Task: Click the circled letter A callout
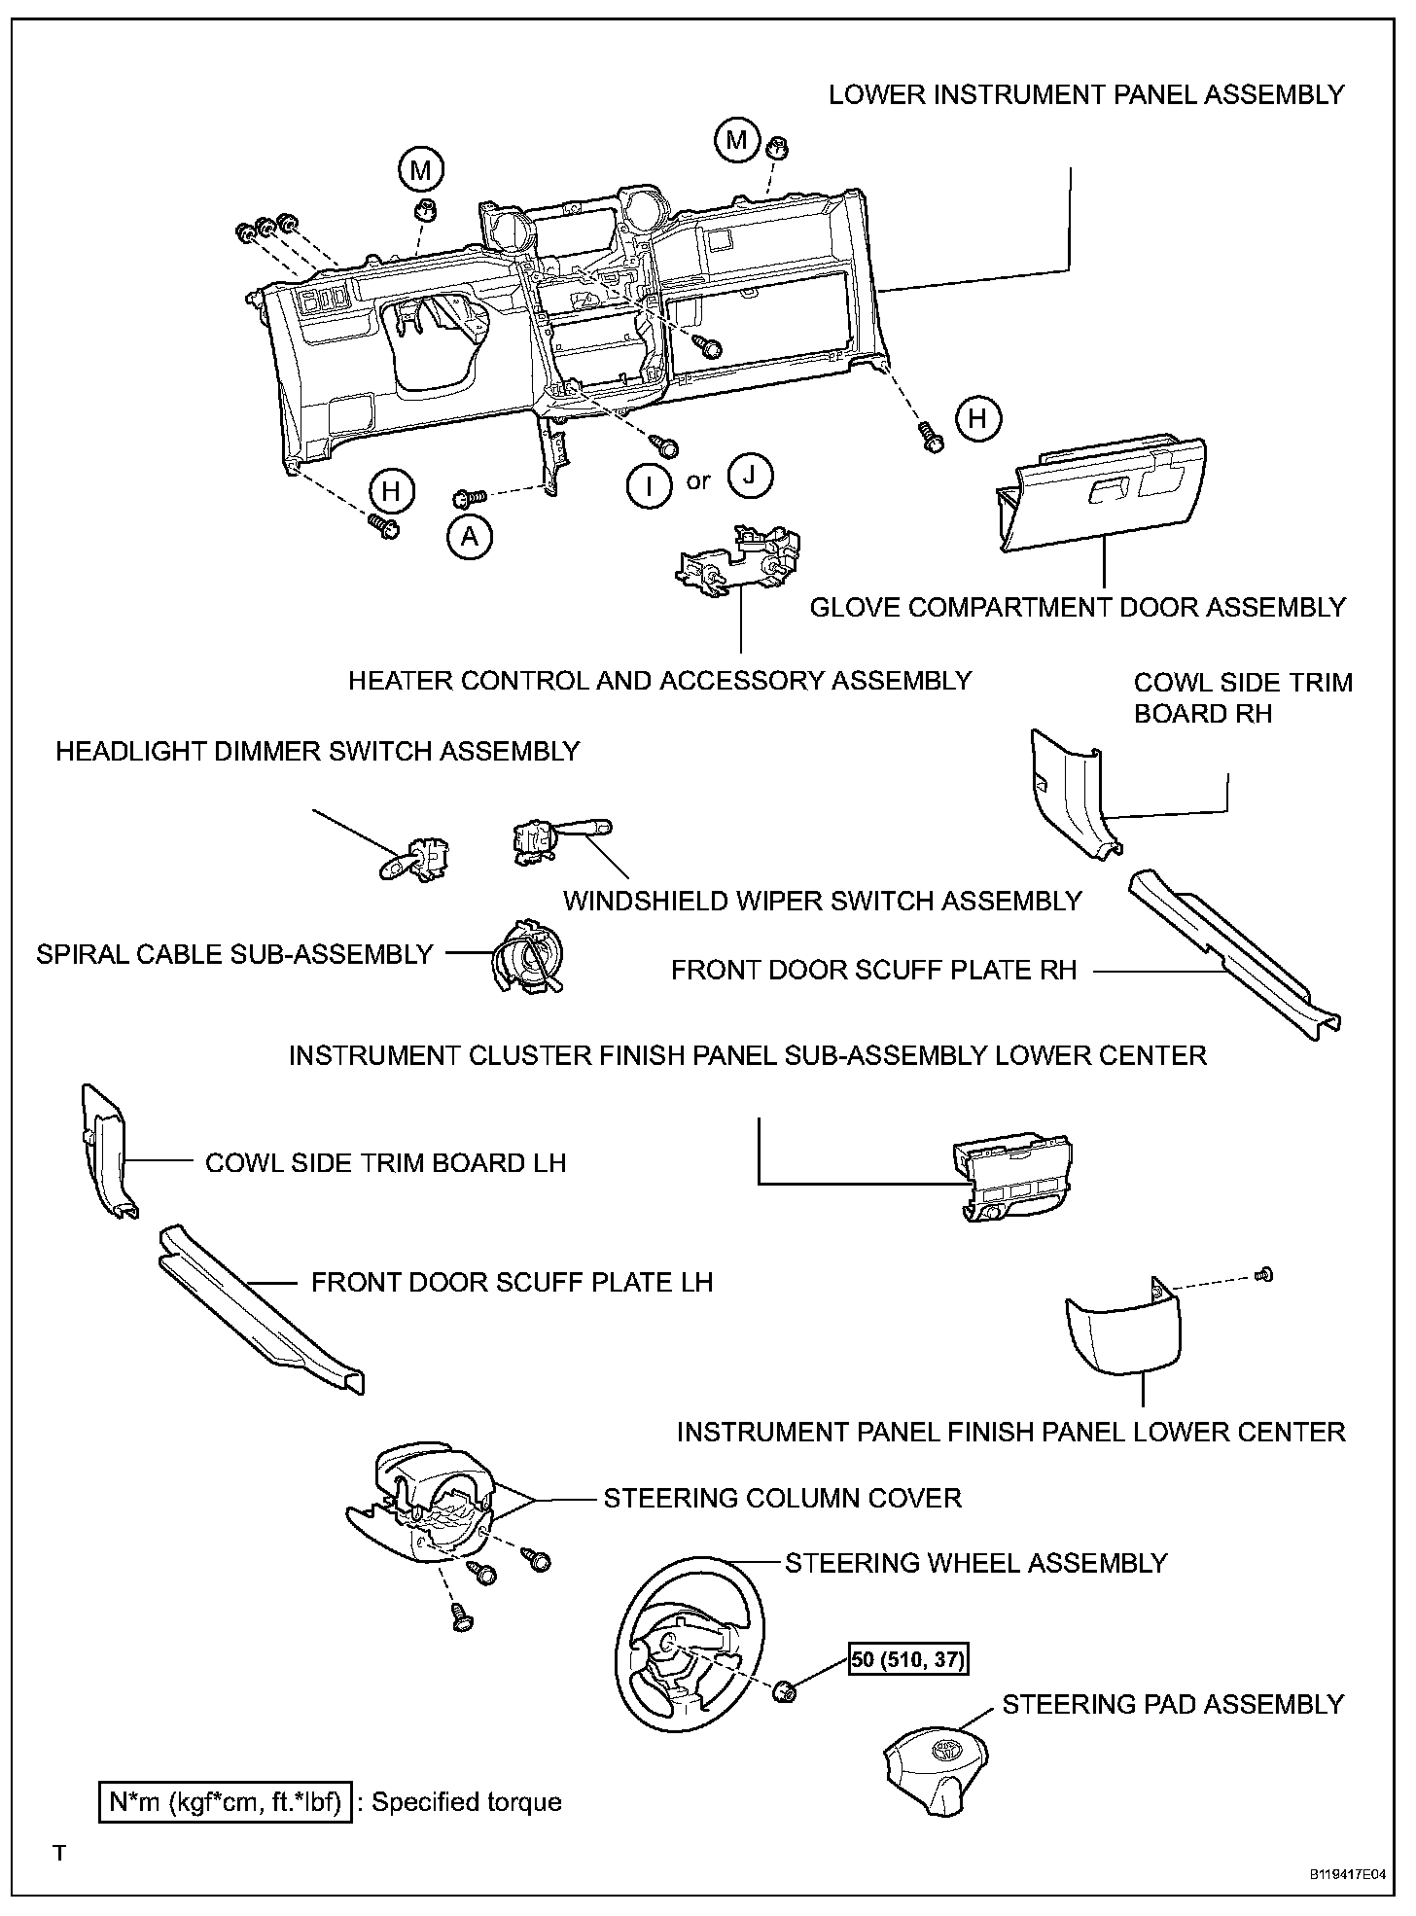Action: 470,536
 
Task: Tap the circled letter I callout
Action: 649,483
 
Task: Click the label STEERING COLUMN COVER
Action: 782,1499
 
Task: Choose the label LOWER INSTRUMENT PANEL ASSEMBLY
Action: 1086,95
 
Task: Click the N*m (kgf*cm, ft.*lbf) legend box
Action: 225,1802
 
